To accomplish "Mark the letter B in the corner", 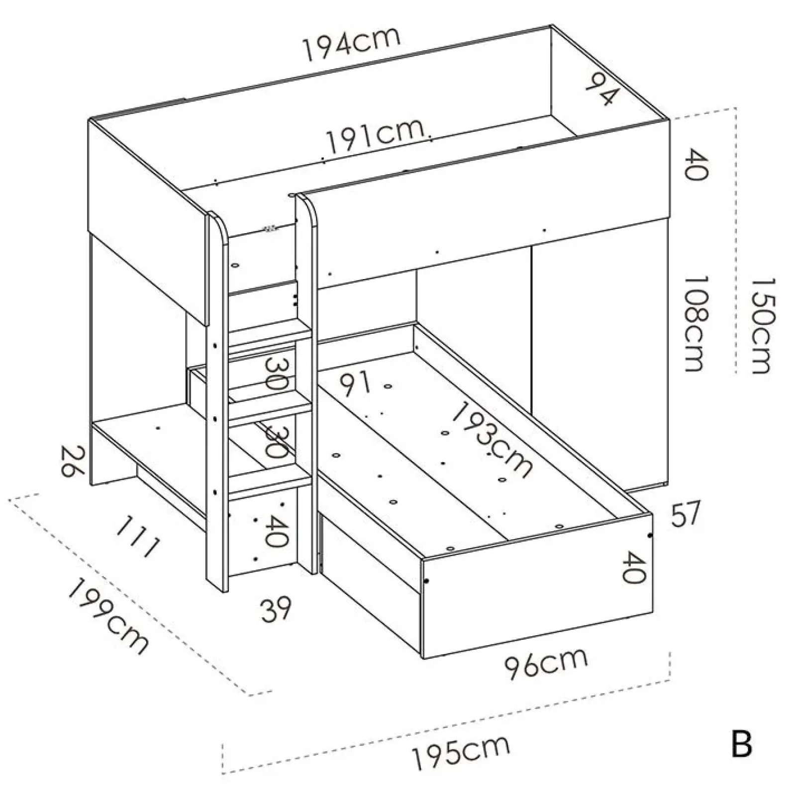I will click(741, 745).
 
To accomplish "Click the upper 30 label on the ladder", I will click(275, 374).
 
